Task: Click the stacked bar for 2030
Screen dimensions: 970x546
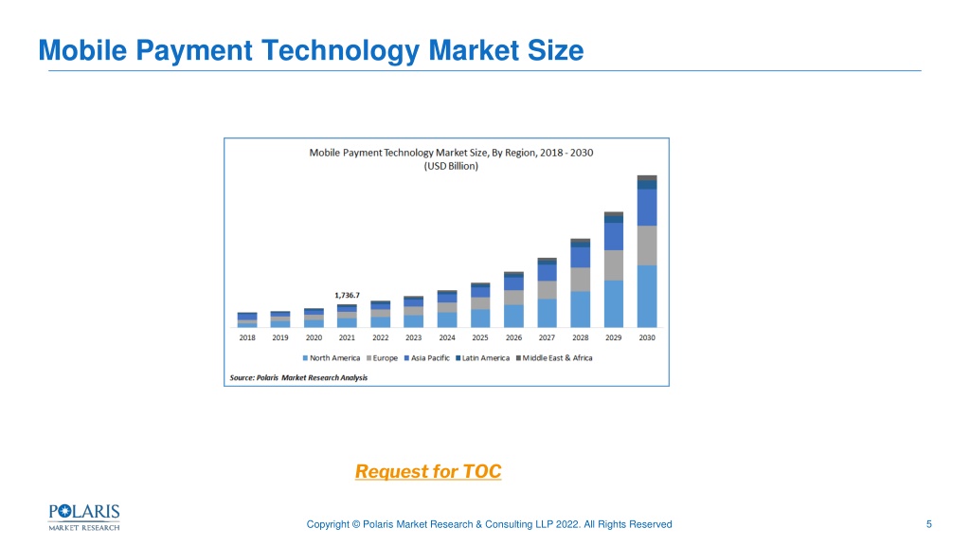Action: point(647,251)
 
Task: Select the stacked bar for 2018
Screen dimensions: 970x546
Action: point(247,320)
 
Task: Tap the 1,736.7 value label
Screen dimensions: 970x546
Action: point(347,296)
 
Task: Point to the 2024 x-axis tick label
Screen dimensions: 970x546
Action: point(447,337)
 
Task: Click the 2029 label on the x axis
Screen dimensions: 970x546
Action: point(613,337)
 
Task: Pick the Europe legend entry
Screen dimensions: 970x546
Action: point(382,357)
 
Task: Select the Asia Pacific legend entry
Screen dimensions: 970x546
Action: point(427,357)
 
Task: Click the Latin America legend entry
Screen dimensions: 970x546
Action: point(482,357)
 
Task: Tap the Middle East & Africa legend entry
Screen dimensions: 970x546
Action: point(554,357)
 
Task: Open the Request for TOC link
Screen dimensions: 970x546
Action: point(428,472)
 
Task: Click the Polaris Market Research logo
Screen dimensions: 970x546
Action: point(84,518)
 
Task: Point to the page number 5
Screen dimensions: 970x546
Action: point(928,524)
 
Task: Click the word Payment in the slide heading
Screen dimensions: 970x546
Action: point(193,51)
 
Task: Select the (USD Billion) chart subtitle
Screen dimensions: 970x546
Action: point(451,166)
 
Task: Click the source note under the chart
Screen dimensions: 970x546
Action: point(298,377)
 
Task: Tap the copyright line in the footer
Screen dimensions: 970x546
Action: point(489,524)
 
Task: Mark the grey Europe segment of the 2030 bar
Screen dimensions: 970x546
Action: point(647,246)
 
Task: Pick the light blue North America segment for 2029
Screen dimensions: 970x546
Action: point(613,304)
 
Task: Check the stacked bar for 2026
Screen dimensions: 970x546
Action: point(513,300)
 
